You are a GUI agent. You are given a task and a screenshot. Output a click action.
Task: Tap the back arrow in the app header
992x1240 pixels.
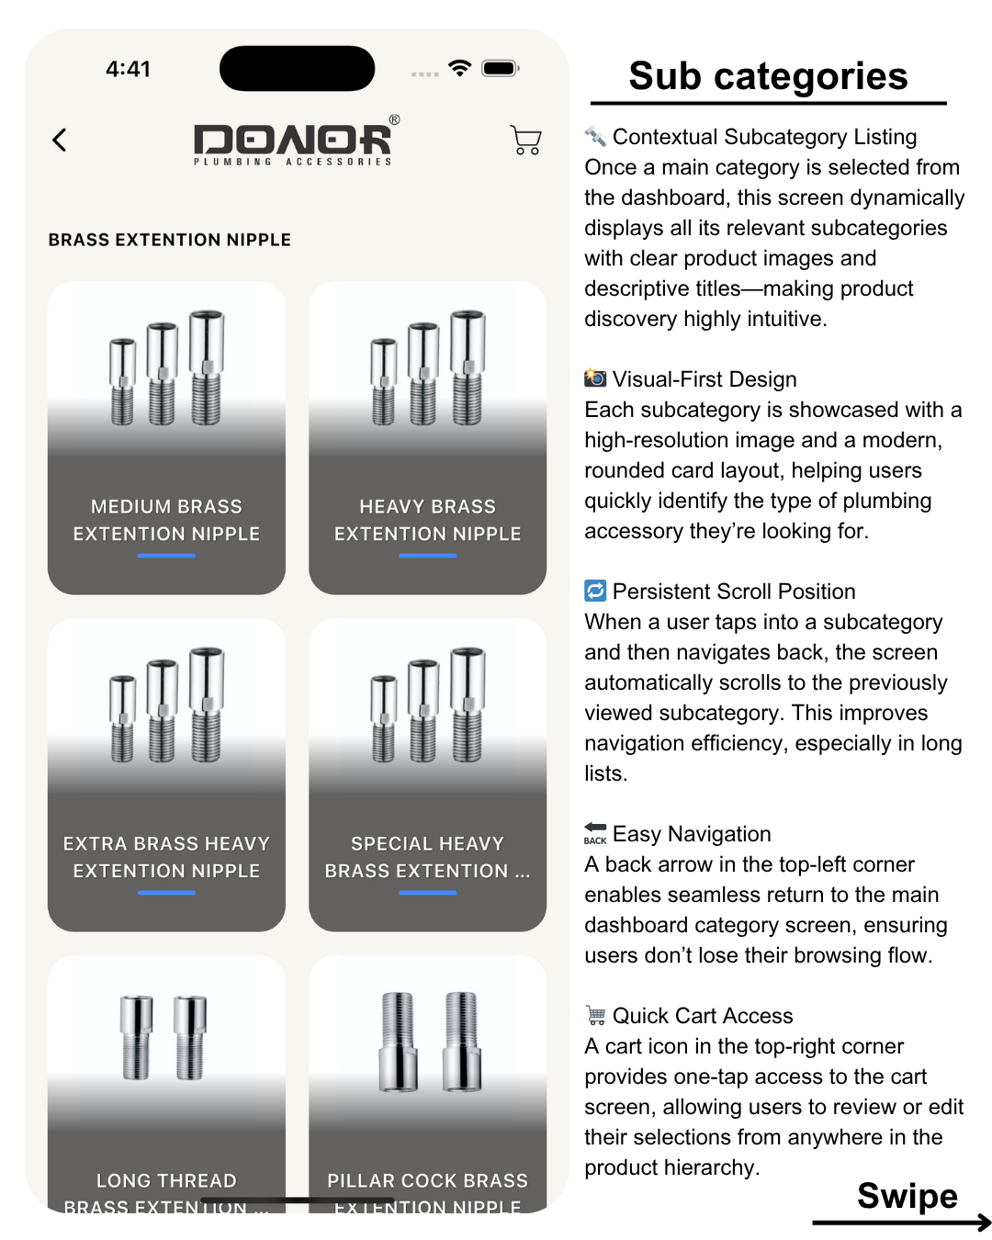click(x=60, y=140)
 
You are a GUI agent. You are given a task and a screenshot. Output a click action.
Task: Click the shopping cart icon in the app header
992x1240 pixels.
click(x=525, y=140)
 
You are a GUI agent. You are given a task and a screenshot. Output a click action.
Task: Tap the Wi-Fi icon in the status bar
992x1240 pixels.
click(x=459, y=68)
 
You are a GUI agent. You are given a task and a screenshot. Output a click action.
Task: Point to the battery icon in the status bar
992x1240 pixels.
click(x=501, y=68)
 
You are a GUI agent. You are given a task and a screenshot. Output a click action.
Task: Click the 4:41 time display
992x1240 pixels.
click(x=128, y=69)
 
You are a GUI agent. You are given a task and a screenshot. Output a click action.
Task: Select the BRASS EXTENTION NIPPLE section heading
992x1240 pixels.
click(x=170, y=240)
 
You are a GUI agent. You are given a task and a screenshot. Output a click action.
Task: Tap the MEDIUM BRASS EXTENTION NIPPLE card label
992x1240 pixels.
click(x=166, y=520)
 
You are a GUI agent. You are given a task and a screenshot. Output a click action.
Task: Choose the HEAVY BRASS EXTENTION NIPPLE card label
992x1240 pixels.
click(x=427, y=520)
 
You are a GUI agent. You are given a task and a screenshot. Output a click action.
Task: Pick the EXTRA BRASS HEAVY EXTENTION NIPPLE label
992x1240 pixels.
click(x=166, y=857)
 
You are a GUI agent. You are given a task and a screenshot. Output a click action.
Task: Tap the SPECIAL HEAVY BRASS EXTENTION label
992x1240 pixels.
click(x=427, y=857)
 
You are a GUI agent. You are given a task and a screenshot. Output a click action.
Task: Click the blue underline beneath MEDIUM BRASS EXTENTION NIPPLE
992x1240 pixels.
click(x=166, y=556)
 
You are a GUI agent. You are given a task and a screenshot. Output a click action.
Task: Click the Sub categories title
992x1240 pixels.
click(x=768, y=76)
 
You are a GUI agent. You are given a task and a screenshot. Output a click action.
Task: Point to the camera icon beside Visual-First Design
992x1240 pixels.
click(x=595, y=378)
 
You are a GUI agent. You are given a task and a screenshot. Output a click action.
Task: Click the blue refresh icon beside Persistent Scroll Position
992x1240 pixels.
click(x=595, y=591)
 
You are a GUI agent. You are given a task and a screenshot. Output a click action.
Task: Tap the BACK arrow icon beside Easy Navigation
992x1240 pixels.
click(x=595, y=832)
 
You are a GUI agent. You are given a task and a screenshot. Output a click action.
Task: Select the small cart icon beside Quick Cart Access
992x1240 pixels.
click(x=595, y=1015)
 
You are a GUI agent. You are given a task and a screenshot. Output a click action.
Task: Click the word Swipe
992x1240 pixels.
click(x=907, y=1196)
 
